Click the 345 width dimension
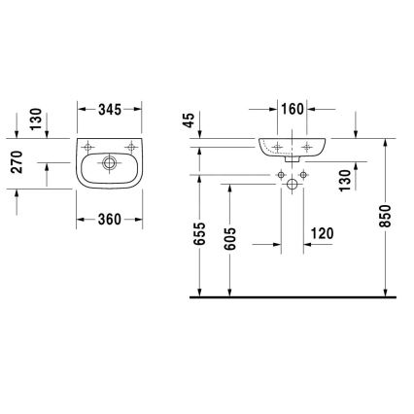pos(110,111)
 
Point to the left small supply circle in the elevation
pos(280,174)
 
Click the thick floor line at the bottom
pos(292,295)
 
